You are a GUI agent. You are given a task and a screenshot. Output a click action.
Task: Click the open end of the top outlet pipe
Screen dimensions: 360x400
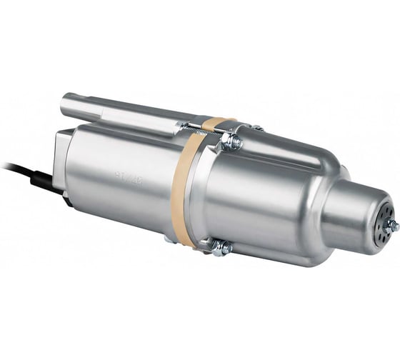66,106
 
